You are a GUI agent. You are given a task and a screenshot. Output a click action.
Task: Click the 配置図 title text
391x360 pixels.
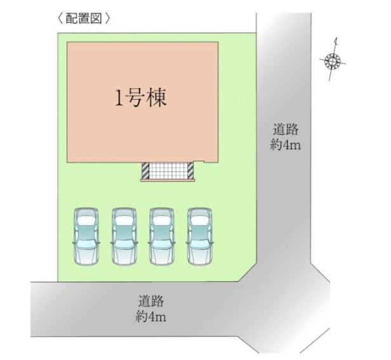coord(84,18)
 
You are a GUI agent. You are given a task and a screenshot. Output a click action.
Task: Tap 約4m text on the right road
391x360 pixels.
coord(284,145)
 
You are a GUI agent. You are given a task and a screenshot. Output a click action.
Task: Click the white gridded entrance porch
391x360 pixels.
coord(167,171)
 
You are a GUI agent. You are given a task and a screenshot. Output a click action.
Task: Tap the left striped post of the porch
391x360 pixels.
coord(145,171)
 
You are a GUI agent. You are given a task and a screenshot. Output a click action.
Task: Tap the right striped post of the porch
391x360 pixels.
coord(189,171)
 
